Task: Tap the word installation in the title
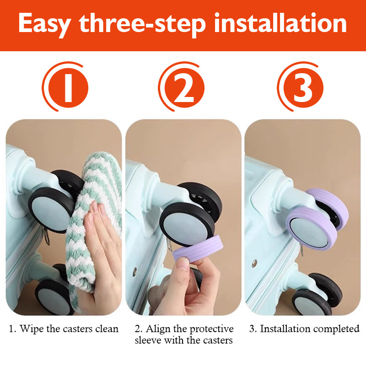pos(280,23)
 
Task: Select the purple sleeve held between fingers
pos(198,248)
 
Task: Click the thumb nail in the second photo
pos(183,264)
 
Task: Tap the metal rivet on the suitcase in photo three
pos(254,264)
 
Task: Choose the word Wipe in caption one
pos(32,329)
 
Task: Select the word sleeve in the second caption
pos(148,340)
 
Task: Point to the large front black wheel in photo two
pos(187,225)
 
